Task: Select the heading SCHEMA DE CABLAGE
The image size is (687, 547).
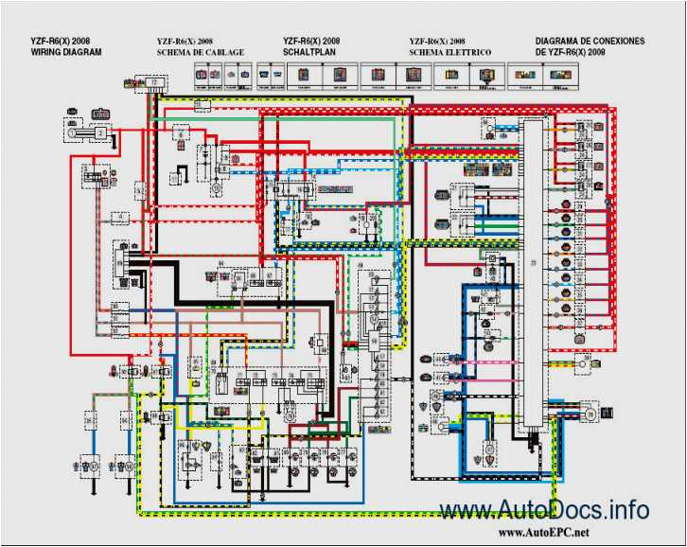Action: (200, 53)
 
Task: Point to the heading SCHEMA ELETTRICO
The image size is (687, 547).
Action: (449, 53)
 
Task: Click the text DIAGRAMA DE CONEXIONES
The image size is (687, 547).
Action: (590, 42)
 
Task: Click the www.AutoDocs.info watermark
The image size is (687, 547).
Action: (544, 511)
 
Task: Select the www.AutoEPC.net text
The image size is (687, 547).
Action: (549, 534)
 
